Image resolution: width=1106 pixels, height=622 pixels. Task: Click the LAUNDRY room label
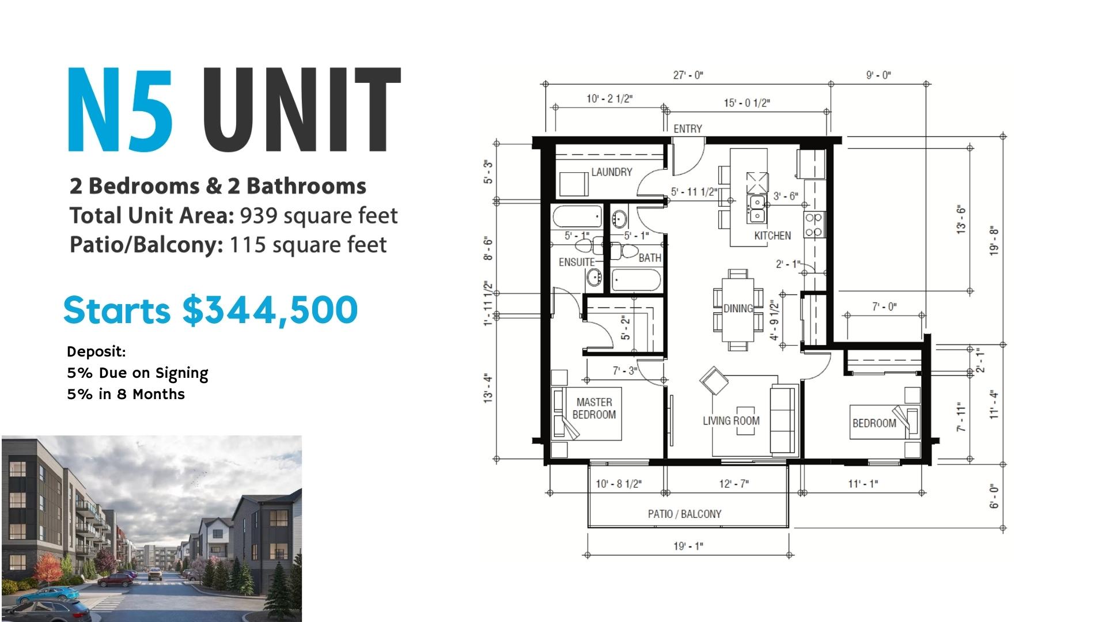point(611,172)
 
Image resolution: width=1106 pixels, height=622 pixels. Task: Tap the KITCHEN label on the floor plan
point(772,236)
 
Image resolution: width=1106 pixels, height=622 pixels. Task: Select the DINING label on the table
point(738,308)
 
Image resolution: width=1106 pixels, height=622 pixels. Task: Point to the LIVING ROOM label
point(731,420)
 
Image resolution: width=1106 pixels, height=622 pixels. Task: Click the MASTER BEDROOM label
point(594,408)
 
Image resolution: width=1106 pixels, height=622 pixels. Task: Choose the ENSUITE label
point(577,262)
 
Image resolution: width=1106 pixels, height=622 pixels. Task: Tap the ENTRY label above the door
point(688,128)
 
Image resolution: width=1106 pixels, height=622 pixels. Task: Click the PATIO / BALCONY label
point(684,514)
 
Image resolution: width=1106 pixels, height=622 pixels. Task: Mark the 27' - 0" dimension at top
point(688,75)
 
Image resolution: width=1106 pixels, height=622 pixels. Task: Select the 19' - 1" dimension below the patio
point(688,546)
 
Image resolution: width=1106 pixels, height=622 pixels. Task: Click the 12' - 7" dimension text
point(734,484)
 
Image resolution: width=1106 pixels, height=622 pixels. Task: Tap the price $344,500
point(270,310)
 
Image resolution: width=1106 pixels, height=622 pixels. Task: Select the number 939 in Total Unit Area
point(259,216)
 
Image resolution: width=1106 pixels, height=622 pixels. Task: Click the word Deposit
point(96,351)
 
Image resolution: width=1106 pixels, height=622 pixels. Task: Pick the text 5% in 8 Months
point(126,395)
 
